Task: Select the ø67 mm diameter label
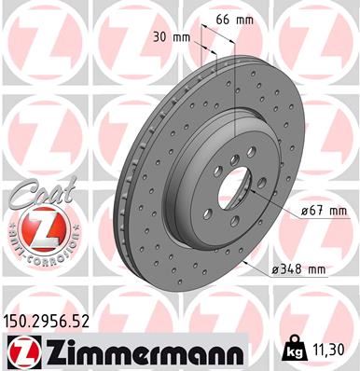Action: coord(298,213)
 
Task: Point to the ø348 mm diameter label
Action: coord(297,269)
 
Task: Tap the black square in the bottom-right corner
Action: coord(354,365)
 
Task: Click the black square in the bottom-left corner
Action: coord(5,365)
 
